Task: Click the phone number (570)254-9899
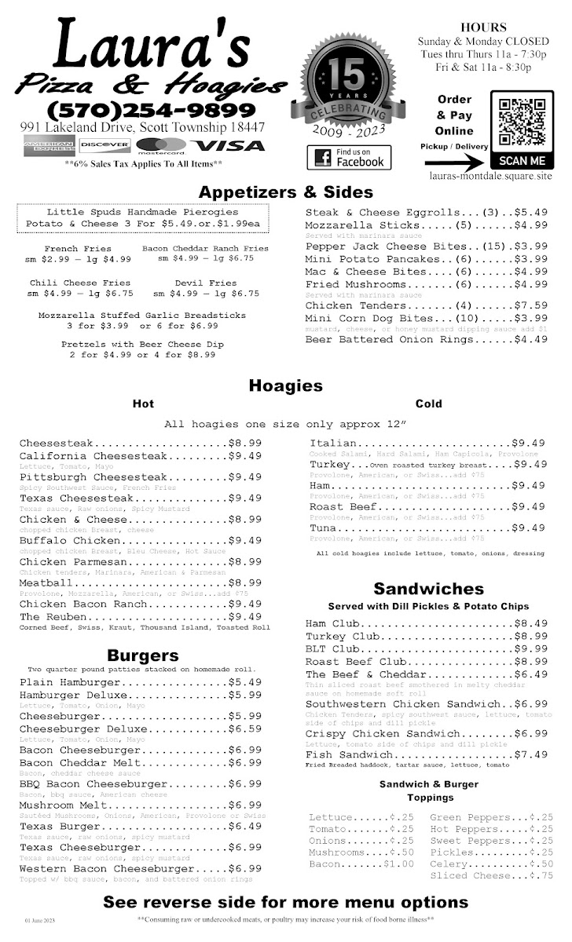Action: point(152,111)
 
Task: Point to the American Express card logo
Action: point(49,145)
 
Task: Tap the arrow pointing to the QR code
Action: point(456,163)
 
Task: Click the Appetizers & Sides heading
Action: point(285,192)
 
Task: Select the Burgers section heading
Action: point(143,655)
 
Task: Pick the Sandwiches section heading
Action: point(428,589)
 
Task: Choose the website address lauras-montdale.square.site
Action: point(491,177)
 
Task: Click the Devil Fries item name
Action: point(206,283)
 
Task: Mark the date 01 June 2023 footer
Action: point(40,919)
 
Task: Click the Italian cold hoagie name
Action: point(333,444)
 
